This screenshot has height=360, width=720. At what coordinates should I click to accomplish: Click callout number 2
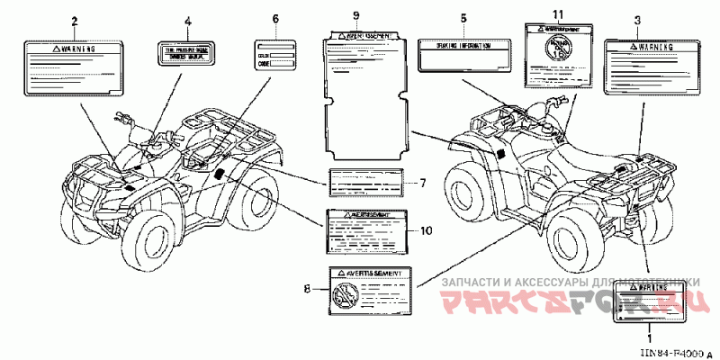point(74,20)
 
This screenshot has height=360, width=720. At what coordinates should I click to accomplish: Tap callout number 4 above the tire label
point(187,20)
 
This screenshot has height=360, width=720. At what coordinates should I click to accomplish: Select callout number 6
point(275,19)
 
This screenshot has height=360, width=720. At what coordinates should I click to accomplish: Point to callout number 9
point(356,17)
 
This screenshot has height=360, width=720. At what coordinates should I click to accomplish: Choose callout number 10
point(427,230)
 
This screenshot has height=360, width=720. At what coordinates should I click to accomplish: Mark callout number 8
point(307,288)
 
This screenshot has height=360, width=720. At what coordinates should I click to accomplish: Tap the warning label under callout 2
point(73,66)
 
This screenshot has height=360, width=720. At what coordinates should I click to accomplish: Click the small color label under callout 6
point(275,57)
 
